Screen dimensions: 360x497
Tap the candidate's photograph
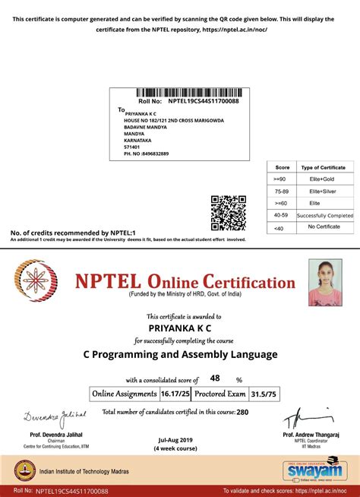pos(324,283)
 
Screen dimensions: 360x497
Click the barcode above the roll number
pos(182,93)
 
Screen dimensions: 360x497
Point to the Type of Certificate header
pos(323,167)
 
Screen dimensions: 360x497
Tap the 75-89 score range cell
pos(282,192)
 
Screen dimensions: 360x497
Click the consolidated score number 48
pos(214,378)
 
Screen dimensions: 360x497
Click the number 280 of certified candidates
pos(242,412)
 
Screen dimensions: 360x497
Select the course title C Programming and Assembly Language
pos(180,354)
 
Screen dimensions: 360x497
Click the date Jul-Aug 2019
pos(176,440)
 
